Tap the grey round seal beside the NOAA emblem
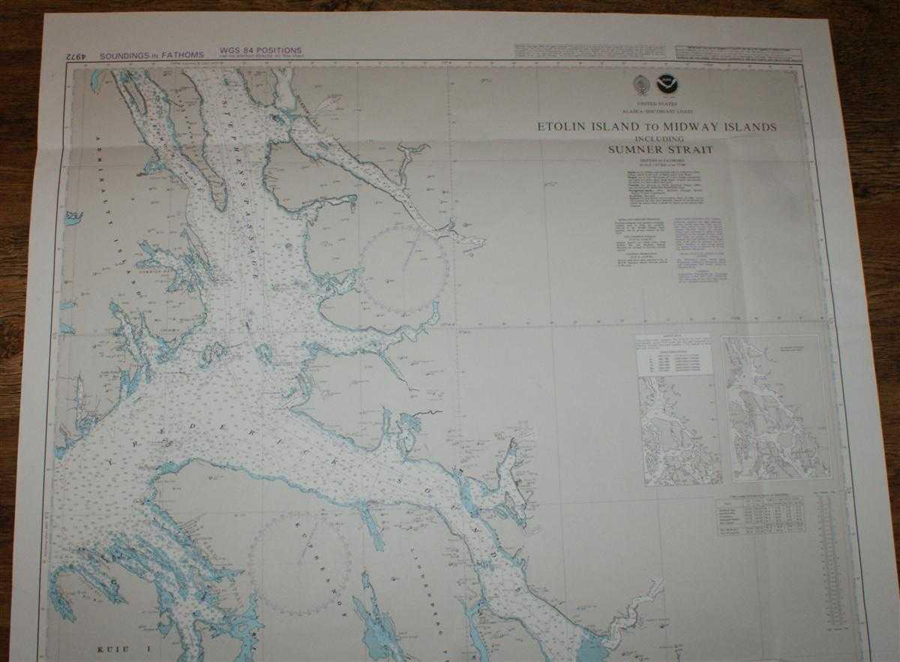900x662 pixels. tap(643, 84)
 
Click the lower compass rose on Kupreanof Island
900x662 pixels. tap(300, 563)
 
